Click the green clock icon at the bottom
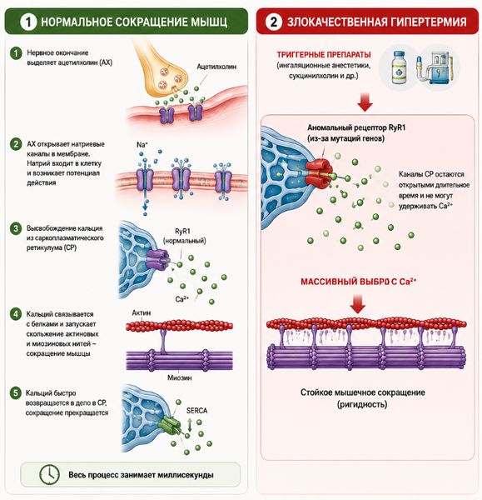tap(49, 474)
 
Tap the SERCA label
tap(196, 410)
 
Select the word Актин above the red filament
tap(142, 312)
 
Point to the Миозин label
tap(179, 377)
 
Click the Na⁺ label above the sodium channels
tap(142, 145)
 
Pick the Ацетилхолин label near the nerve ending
tap(216, 67)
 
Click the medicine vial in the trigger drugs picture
tap(399, 67)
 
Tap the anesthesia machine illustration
tap(434, 68)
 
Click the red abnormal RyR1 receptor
tap(319, 172)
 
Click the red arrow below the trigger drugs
tap(365, 102)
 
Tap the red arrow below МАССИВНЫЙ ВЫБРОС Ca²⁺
tap(357, 304)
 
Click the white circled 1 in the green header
tap(28, 22)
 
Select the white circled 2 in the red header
tap(274, 22)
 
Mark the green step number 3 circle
tap(15, 228)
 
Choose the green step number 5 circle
tap(15, 392)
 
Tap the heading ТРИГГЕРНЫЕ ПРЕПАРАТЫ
tap(324, 54)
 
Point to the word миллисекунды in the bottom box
tap(185, 475)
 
